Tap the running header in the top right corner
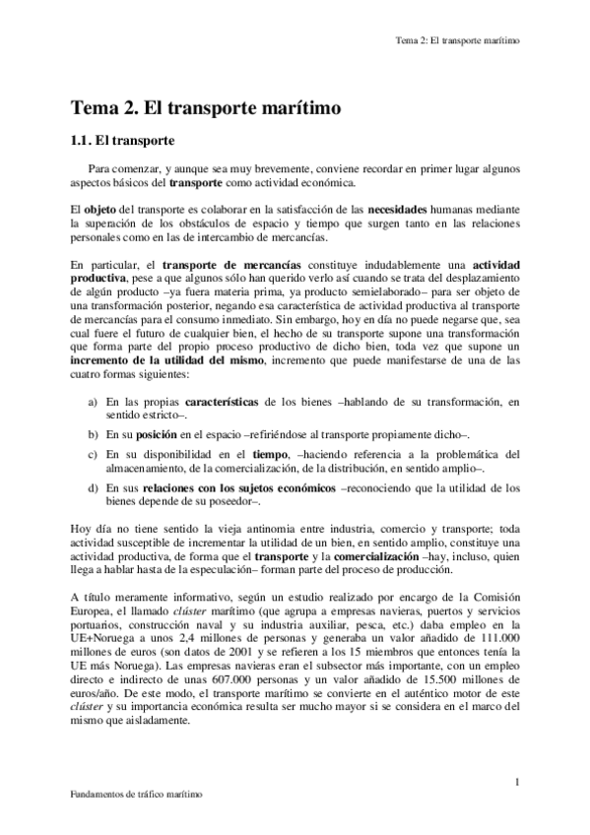pos(456,41)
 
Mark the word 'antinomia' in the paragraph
pos(253,529)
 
